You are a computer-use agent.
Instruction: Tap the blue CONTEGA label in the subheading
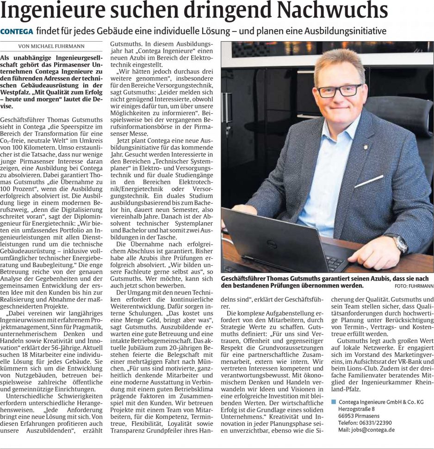(17, 31)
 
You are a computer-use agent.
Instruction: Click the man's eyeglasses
(339, 90)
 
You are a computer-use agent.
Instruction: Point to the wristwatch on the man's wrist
(400, 243)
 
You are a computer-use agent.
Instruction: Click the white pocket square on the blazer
(369, 181)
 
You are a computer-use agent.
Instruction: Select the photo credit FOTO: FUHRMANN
(414, 287)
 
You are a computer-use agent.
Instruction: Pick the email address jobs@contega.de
(366, 430)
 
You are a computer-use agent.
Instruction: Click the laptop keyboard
(334, 262)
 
